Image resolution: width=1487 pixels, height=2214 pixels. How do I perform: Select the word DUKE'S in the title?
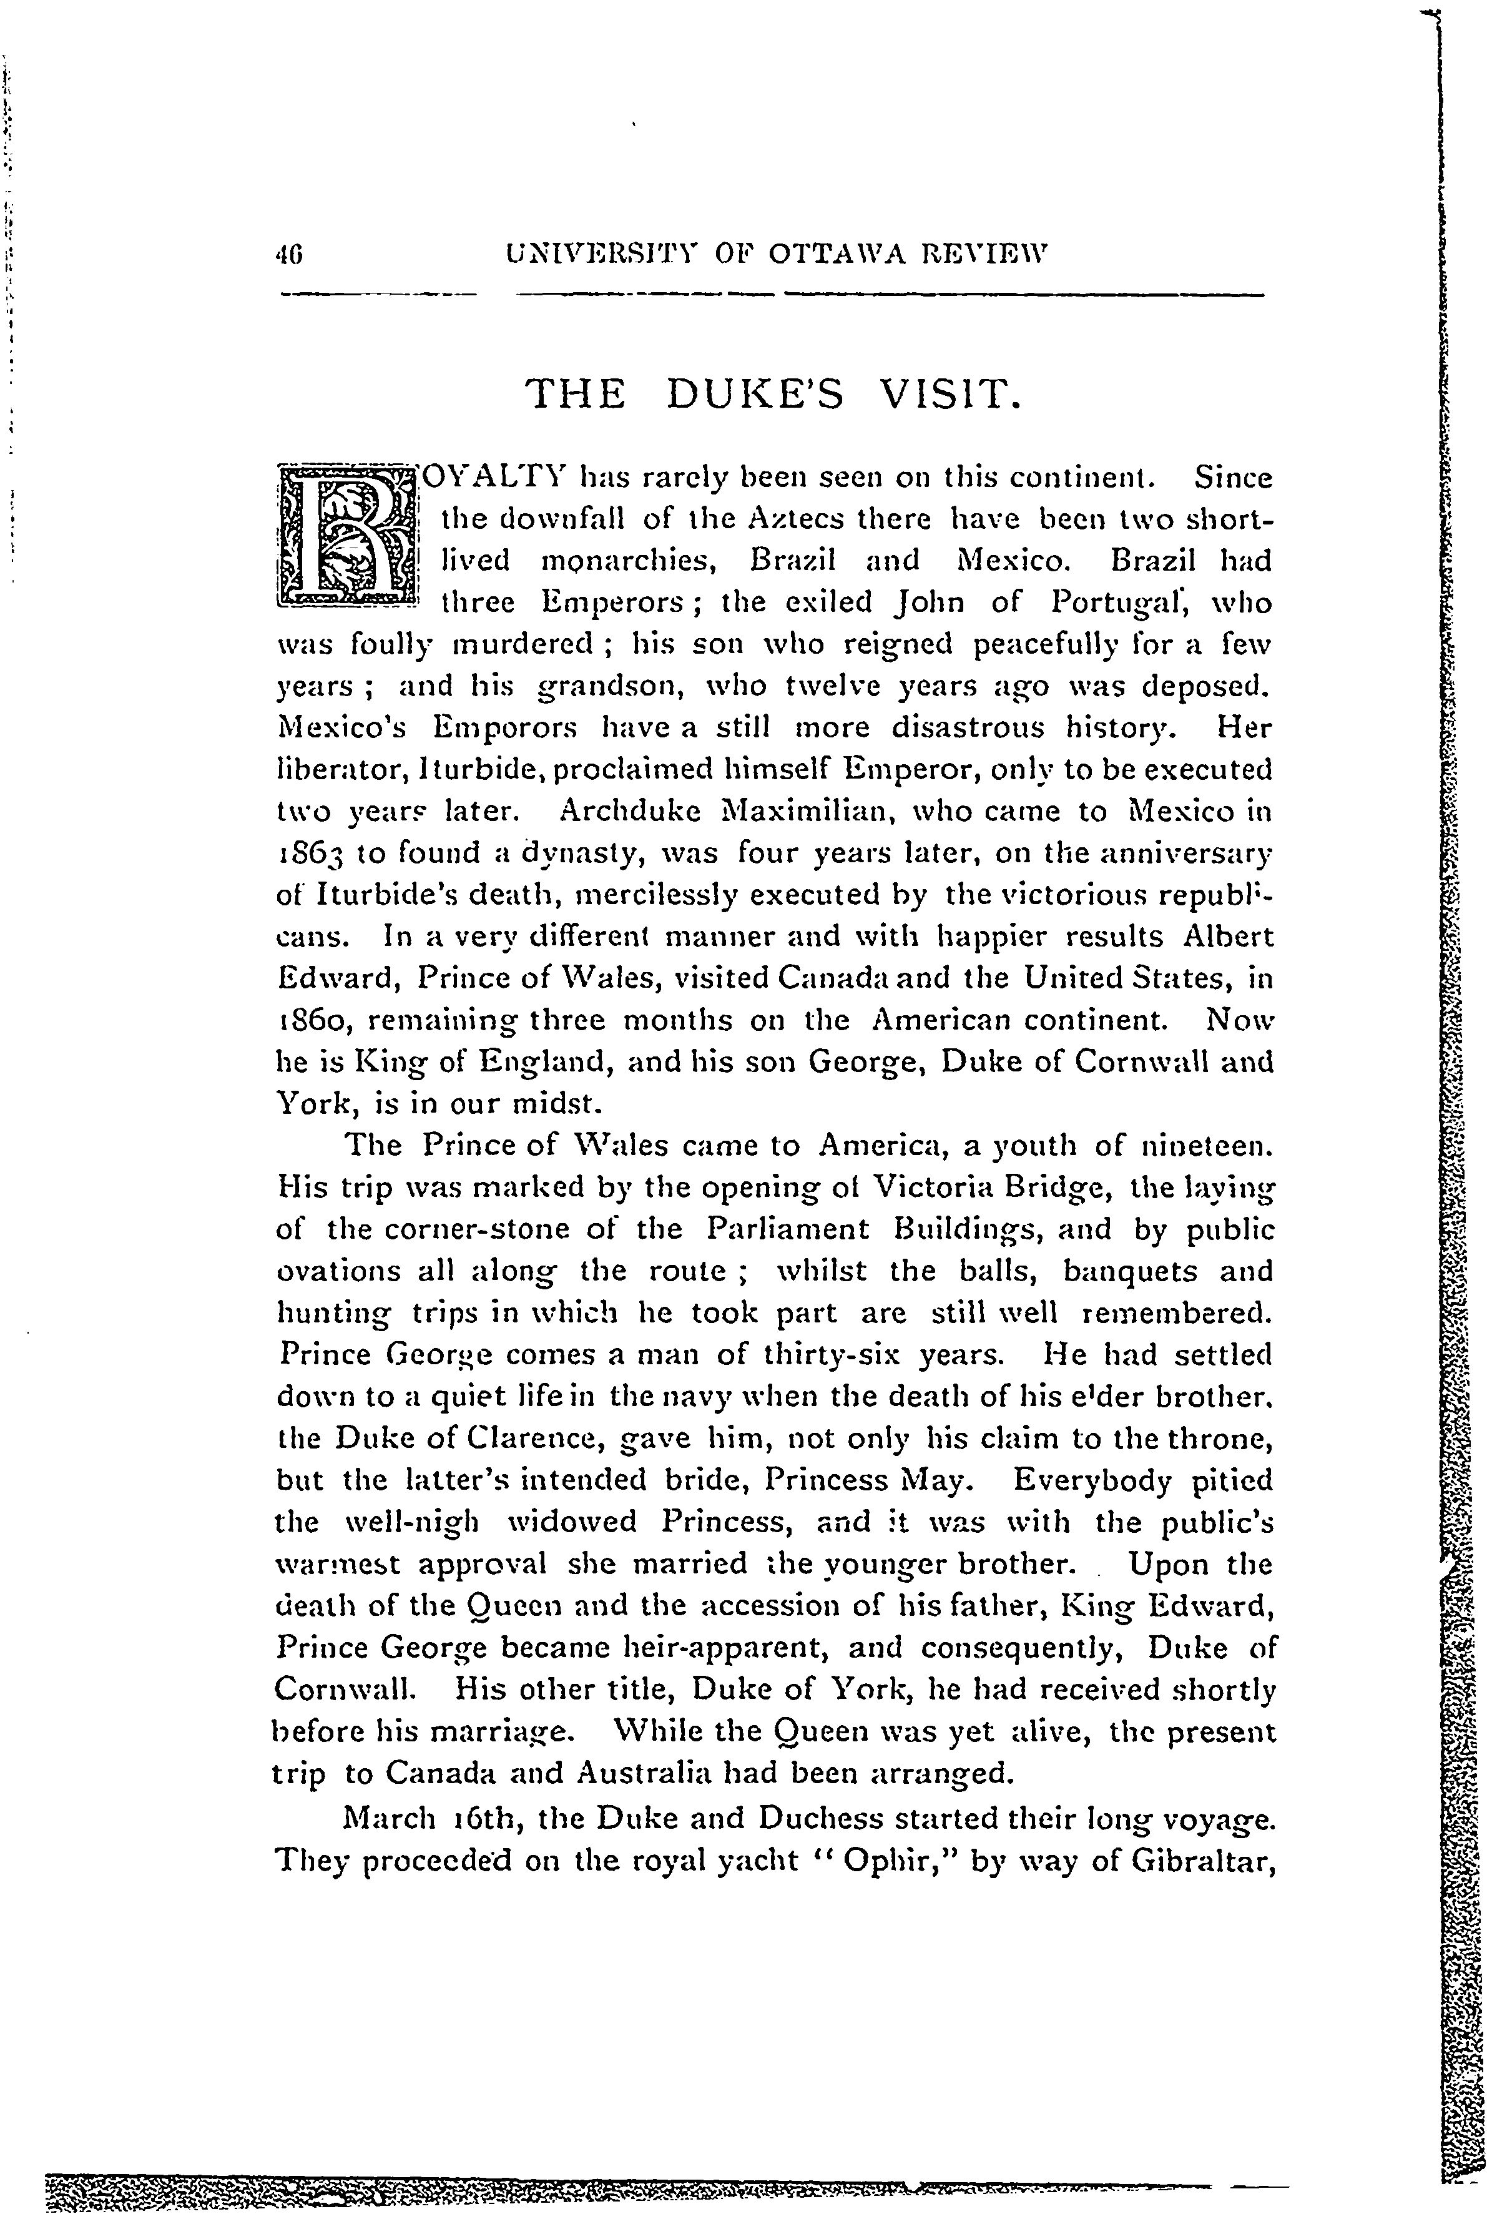pos(755,395)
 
